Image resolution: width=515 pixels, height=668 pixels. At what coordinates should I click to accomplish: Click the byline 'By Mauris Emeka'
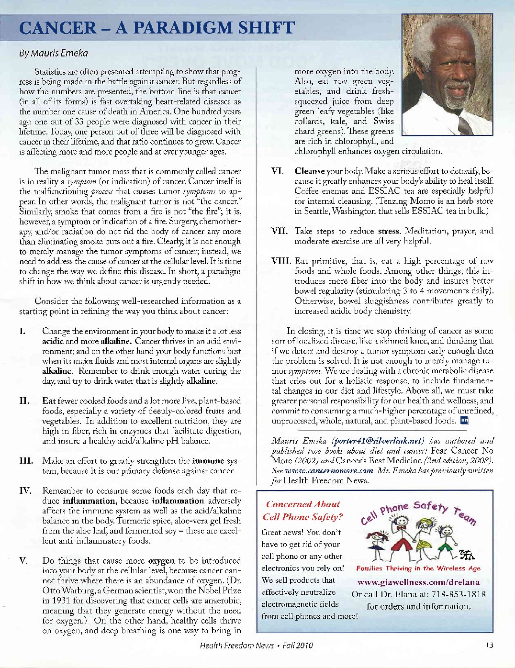(x=53, y=53)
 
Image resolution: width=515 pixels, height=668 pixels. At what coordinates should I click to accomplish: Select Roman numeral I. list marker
(x=22, y=331)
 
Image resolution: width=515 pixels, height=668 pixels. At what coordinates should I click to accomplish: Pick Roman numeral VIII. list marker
(x=281, y=261)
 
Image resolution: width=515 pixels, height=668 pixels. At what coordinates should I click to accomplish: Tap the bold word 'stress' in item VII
(x=389, y=231)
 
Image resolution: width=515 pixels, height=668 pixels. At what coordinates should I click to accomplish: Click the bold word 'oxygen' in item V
(x=161, y=560)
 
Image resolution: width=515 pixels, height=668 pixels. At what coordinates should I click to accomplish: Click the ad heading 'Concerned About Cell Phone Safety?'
(x=303, y=511)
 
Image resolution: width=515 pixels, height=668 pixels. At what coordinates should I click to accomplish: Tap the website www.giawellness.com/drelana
(x=418, y=582)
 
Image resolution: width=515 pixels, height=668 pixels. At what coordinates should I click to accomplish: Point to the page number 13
(x=489, y=645)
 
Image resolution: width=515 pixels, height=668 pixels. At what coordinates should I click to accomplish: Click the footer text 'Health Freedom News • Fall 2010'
(x=256, y=645)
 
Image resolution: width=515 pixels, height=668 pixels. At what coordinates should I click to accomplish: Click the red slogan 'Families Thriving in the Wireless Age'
(x=418, y=568)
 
